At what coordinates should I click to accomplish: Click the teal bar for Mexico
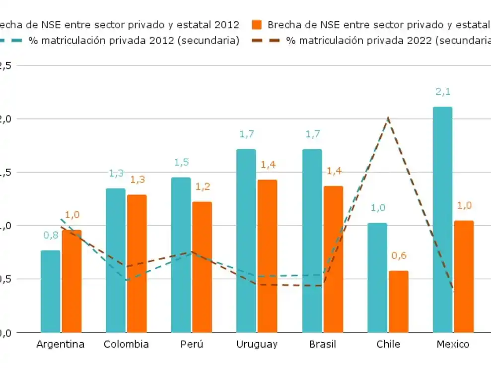(x=442, y=219)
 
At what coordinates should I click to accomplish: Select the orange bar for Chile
(x=399, y=302)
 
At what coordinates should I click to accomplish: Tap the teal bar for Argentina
(x=50, y=291)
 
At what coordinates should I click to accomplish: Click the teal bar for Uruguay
(x=246, y=241)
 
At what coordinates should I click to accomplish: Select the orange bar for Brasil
(x=333, y=259)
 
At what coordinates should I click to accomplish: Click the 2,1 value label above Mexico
(x=442, y=92)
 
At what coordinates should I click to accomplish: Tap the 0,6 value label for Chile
(x=399, y=255)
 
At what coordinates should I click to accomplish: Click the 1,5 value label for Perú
(x=181, y=162)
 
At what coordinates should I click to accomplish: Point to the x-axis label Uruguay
(x=257, y=344)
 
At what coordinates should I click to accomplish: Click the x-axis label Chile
(x=388, y=344)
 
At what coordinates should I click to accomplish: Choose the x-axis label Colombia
(x=126, y=344)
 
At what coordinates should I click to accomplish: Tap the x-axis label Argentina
(x=61, y=344)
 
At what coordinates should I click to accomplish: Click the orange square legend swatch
(x=257, y=25)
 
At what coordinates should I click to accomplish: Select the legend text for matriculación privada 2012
(x=134, y=41)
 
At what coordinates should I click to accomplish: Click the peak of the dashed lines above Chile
(x=388, y=118)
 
